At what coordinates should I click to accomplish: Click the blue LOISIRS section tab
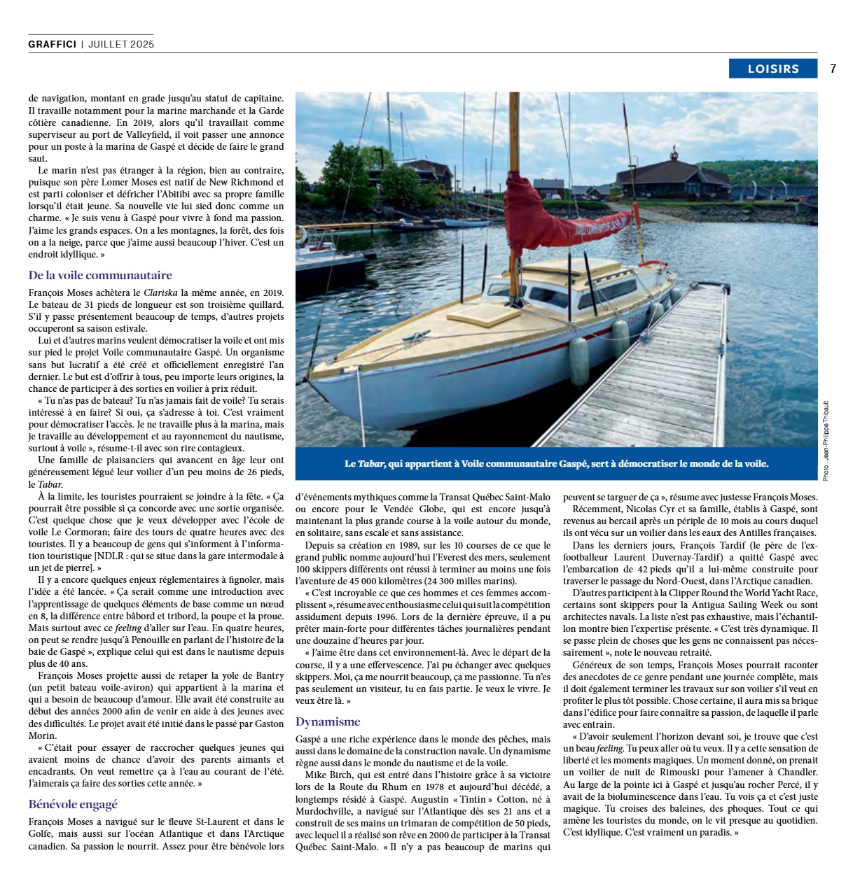point(772,69)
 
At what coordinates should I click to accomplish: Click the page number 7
point(833,69)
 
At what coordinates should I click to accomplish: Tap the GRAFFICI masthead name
point(53,44)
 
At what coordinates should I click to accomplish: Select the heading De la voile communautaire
point(100,275)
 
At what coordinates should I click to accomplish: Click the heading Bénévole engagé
point(73,804)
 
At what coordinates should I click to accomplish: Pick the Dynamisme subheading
point(328,721)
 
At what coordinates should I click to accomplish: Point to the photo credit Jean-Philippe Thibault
point(826,441)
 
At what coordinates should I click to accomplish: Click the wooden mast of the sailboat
point(514,140)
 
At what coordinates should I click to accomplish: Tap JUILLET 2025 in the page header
point(121,44)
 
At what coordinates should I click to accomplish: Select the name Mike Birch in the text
point(328,775)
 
